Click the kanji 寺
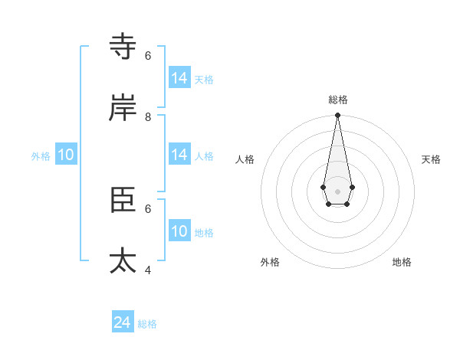coord(123,47)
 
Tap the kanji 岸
coord(123,108)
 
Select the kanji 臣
coord(123,199)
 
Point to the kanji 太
coord(123,260)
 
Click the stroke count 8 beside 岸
coord(148,116)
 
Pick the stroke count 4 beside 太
coord(148,270)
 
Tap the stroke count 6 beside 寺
coord(148,55)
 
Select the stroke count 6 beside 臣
coord(148,208)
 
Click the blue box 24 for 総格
coord(123,322)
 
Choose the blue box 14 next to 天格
coord(179,78)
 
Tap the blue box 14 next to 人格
coord(179,155)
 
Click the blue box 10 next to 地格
coord(179,231)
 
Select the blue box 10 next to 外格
coord(66,155)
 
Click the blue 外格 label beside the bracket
coord(41,156)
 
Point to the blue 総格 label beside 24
coord(147,324)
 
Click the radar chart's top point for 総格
coord(337,116)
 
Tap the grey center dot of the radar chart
coord(337,191)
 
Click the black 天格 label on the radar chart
coord(431,159)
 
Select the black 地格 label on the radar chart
coord(402,262)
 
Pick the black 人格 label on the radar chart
coord(245,159)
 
